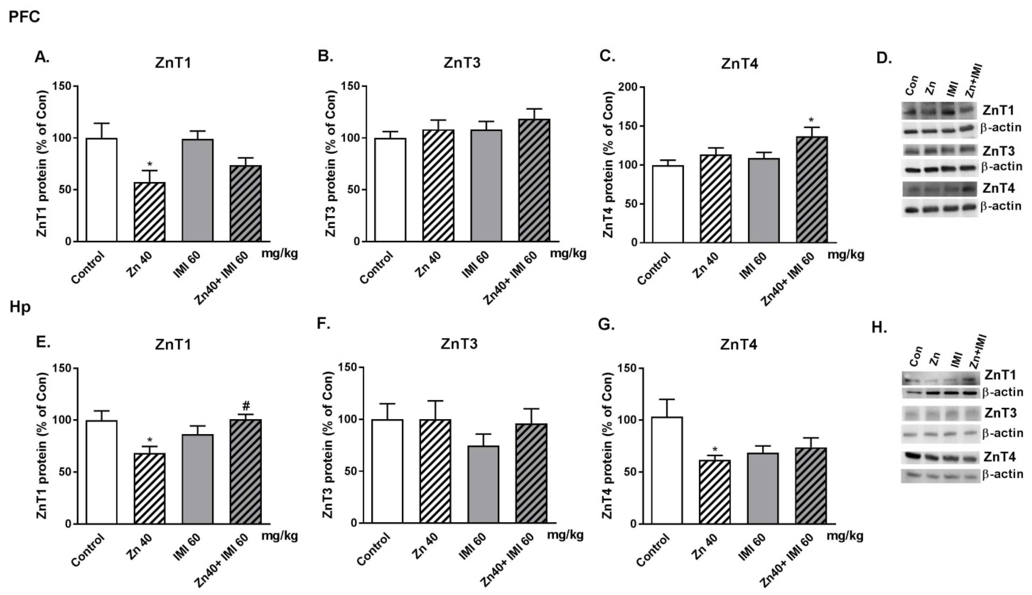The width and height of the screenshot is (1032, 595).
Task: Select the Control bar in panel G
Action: (667, 470)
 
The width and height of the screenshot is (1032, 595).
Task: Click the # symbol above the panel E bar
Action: (246, 406)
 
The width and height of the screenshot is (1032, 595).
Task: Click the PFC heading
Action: (24, 17)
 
